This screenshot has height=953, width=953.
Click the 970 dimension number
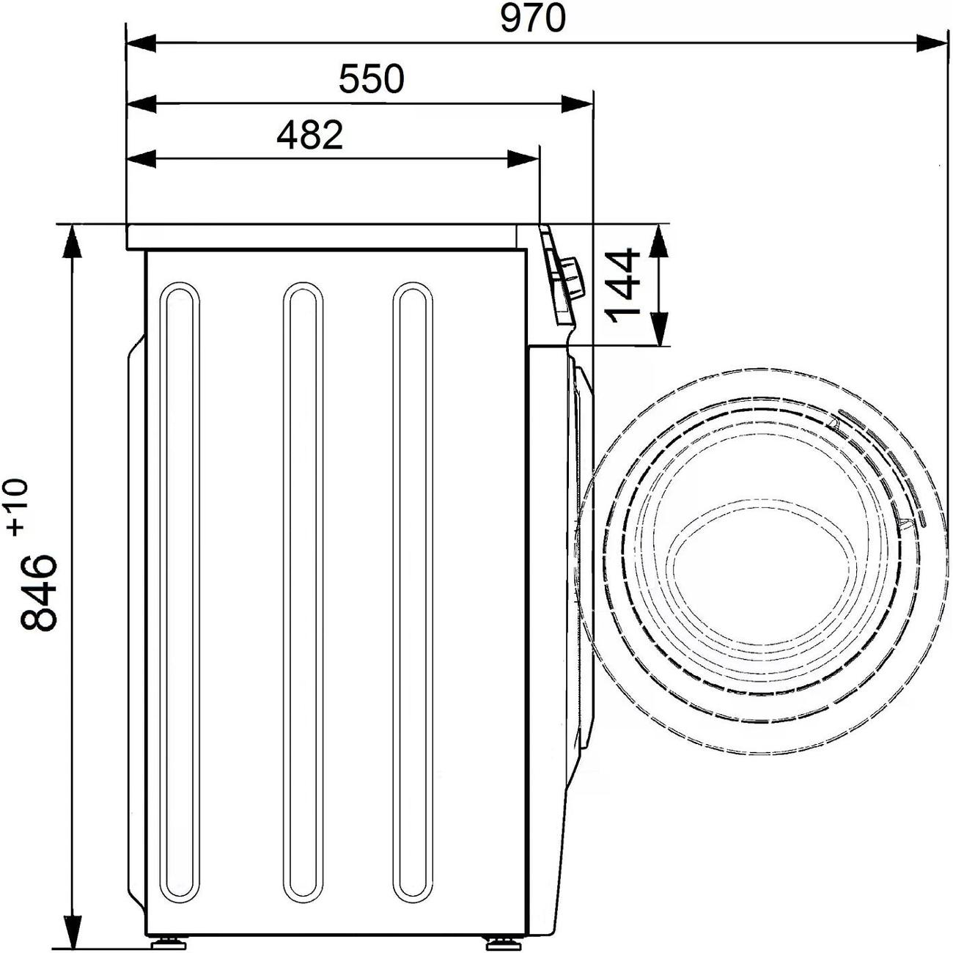531,19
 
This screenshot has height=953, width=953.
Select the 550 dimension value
372,79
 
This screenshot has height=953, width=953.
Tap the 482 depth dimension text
309,136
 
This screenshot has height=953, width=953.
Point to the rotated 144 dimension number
622,285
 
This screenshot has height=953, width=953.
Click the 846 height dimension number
38,592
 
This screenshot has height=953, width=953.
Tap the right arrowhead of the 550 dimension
577,104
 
